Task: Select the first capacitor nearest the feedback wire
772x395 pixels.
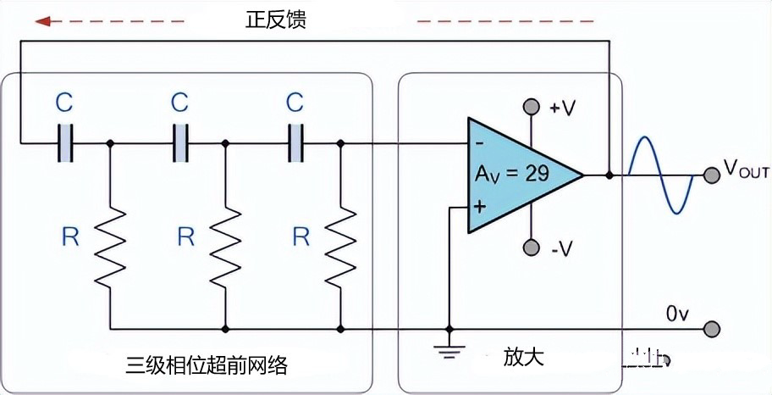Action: (x=65, y=144)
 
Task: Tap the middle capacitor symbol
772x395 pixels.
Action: (x=180, y=144)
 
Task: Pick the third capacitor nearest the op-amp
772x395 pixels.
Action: (x=295, y=144)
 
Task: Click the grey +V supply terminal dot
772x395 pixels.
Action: (x=531, y=107)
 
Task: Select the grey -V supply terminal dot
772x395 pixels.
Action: (x=531, y=248)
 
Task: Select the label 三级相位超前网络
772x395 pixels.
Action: (x=207, y=366)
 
